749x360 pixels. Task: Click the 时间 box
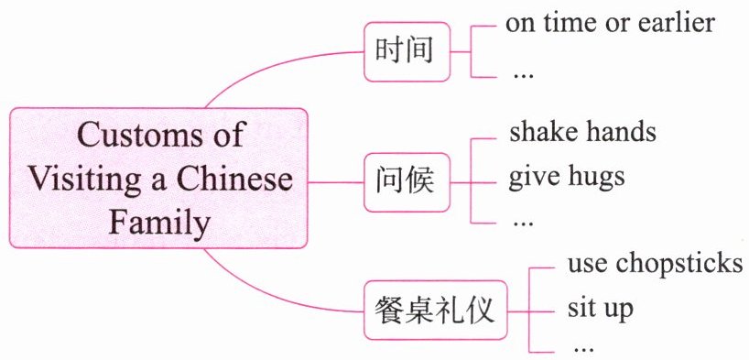tap(407, 51)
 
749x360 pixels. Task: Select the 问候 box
tap(407, 182)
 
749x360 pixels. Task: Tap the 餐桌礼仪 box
tap(435, 311)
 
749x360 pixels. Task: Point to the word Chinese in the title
tap(235, 180)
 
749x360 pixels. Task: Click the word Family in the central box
tap(159, 224)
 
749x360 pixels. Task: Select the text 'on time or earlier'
tap(610, 23)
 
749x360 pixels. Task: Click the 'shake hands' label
tap(582, 132)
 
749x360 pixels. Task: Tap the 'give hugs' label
tap(567, 178)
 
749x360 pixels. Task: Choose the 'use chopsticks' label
tap(655, 264)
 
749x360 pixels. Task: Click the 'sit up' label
tap(600, 309)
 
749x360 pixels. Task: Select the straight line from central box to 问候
tap(336, 182)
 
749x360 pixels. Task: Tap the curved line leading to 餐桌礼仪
tap(267, 297)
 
